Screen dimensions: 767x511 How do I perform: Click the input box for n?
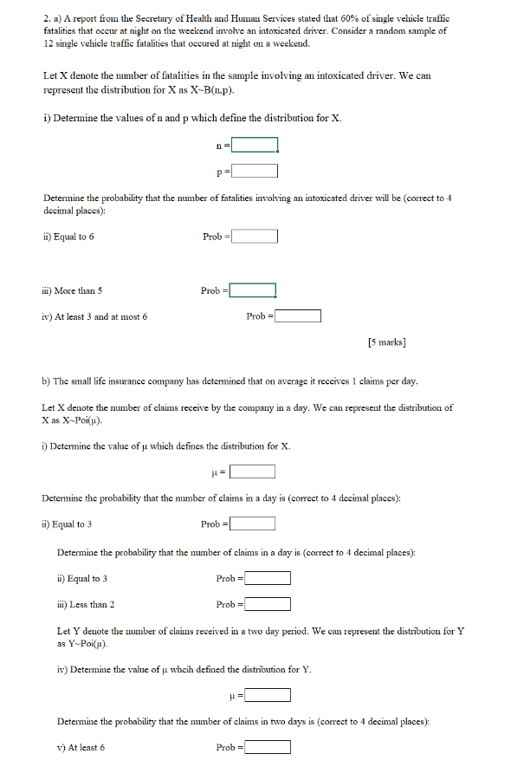point(254,145)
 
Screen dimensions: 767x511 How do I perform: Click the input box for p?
point(254,171)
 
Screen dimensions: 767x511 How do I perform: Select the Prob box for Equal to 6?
point(254,237)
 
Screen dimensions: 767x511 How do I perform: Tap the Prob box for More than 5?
point(253,290)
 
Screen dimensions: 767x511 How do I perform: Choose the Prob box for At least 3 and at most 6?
point(298,316)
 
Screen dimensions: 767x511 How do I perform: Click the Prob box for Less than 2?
point(267,604)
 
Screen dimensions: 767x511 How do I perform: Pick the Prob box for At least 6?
point(267,747)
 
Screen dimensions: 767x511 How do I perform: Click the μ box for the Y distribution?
point(267,694)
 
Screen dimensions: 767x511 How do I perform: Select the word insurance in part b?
point(133,380)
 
